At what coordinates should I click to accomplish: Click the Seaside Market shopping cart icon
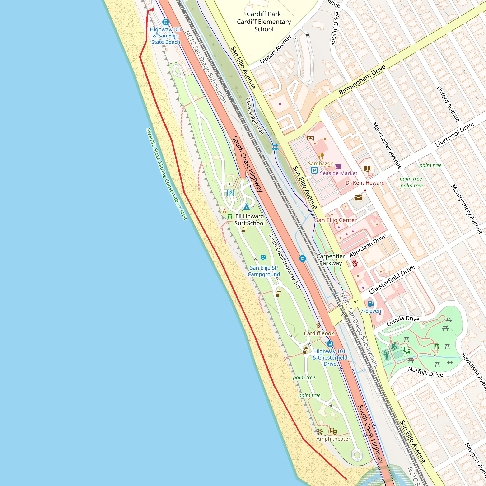pyautogui.click(x=338, y=166)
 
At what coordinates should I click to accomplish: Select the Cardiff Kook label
pyautogui.click(x=319, y=333)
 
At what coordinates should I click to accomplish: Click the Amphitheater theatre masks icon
pyautogui.click(x=333, y=432)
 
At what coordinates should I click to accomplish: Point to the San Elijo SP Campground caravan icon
pyautogui.click(x=263, y=257)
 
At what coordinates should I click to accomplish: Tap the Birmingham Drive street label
pyautogui.click(x=362, y=80)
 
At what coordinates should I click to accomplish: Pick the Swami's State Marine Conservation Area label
pyautogui.click(x=167, y=174)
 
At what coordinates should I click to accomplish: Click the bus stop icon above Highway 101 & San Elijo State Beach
pyautogui.click(x=165, y=22)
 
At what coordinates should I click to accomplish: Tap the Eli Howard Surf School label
pyautogui.click(x=249, y=220)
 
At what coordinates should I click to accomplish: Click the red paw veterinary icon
pyautogui.click(x=355, y=264)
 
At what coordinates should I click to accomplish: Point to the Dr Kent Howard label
pyautogui.click(x=365, y=183)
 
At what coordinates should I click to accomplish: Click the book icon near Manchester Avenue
pyautogui.click(x=368, y=168)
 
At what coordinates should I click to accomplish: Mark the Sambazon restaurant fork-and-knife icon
pyautogui.click(x=320, y=156)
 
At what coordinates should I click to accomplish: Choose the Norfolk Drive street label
pyautogui.click(x=425, y=372)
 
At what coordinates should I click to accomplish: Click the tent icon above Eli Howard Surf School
pyautogui.click(x=247, y=207)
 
